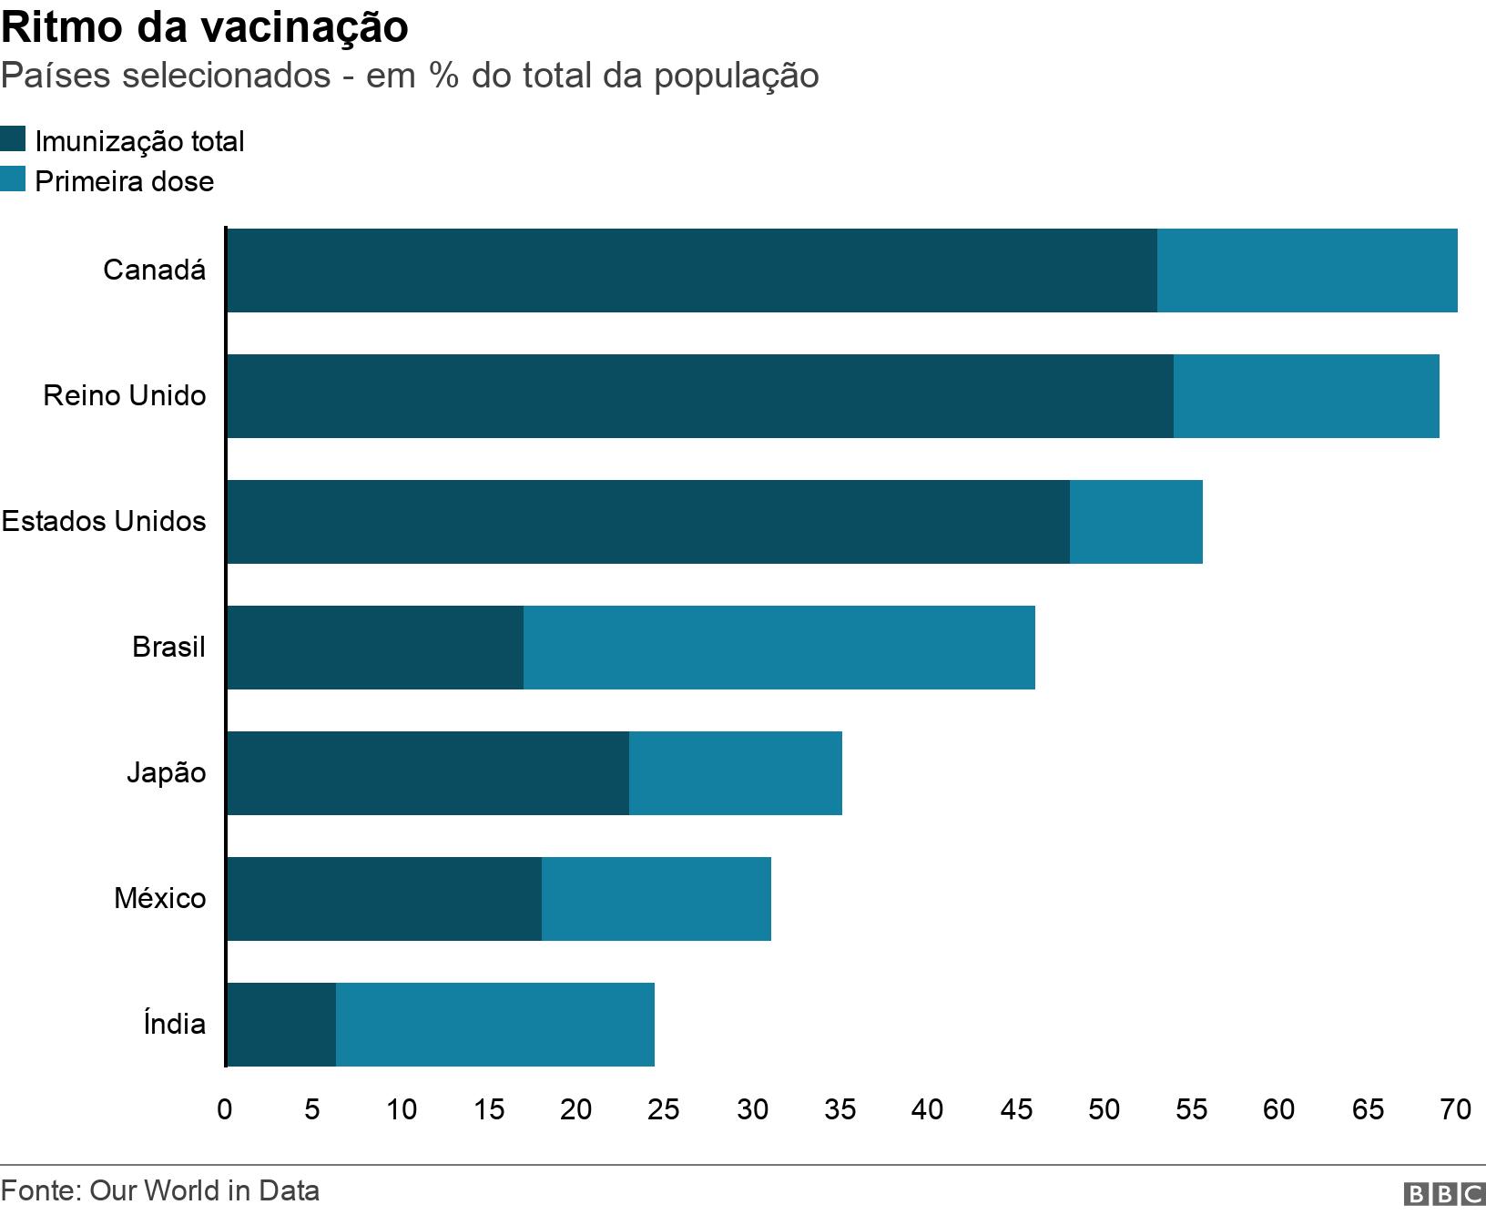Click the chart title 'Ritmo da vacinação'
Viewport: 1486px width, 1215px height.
(205, 27)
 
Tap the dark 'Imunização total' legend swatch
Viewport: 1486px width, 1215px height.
(13, 140)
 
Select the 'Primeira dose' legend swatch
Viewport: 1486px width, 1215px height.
(13, 179)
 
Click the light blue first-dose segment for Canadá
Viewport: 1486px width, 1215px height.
(1307, 271)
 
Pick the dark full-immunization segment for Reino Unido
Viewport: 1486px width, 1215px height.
(699, 396)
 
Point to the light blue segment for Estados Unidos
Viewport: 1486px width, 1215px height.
(1135, 522)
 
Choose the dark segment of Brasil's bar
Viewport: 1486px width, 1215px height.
(374, 648)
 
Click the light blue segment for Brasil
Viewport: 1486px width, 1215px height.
(779, 648)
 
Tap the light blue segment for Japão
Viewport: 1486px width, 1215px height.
(735, 773)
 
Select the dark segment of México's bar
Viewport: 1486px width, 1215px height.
(383, 899)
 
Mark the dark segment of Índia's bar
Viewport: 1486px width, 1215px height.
(280, 1025)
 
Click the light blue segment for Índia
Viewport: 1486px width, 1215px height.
(494, 1025)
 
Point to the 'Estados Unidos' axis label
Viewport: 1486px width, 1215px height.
(104, 522)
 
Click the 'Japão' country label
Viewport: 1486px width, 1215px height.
(166, 773)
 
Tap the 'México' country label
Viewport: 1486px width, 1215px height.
(159, 899)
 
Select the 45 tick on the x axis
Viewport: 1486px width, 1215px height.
(1016, 1108)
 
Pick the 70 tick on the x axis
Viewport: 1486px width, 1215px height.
(1455, 1108)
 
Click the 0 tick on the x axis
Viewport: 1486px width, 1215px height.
(225, 1108)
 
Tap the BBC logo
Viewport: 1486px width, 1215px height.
(1444, 1193)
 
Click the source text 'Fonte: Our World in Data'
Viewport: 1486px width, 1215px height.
(160, 1190)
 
